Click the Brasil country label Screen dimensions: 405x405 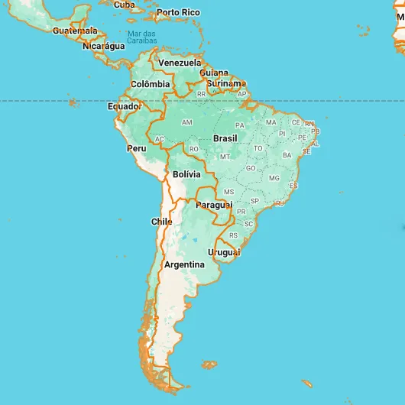click(225, 138)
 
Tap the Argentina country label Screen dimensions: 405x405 click(184, 264)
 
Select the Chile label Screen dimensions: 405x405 click(161, 222)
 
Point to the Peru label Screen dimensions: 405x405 click(137, 148)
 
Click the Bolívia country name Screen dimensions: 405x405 click(186, 175)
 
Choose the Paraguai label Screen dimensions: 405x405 click(214, 206)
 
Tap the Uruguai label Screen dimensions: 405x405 click(224, 252)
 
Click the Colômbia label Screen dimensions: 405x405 click(150, 84)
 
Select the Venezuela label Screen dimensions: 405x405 click(180, 63)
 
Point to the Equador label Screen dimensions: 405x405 click(124, 107)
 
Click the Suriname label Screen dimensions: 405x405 click(228, 83)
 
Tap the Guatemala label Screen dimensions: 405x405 click(75, 31)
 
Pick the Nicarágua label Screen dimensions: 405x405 click(103, 46)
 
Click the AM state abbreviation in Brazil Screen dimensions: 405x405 click(187, 122)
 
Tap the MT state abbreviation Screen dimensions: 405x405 click(225, 157)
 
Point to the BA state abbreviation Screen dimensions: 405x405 click(287, 155)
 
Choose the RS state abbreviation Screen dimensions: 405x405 click(234, 235)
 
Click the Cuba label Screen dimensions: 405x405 click(125, 5)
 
